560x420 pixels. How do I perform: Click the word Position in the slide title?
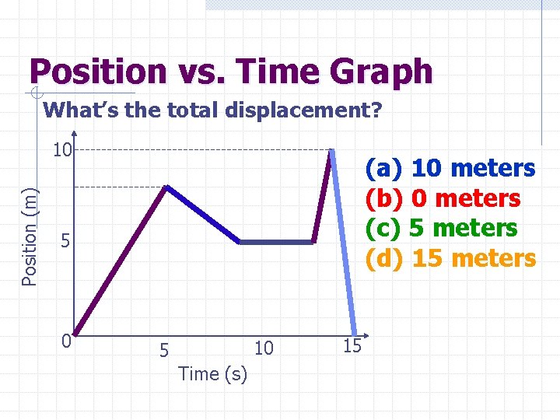point(98,72)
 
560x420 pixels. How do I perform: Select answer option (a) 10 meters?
point(450,168)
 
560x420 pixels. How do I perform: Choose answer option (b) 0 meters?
point(443,198)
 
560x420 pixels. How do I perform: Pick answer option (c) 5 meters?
point(441,228)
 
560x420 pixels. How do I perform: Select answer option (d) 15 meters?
point(450,258)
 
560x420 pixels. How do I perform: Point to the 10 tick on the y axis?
point(62,149)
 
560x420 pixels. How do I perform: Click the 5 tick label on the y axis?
point(67,242)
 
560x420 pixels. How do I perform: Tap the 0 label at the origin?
point(68,341)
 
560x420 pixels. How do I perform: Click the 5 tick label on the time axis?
point(163,349)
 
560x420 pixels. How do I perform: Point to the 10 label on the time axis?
point(264,348)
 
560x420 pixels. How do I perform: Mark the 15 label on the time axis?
point(352,346)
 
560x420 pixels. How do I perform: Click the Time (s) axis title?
point(212,374)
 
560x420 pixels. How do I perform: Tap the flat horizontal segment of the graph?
point(276,243)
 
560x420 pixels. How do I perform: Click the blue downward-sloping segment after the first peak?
point(202,215)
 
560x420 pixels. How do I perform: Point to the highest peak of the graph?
point(331,150)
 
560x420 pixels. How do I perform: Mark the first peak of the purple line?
point(166,187)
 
